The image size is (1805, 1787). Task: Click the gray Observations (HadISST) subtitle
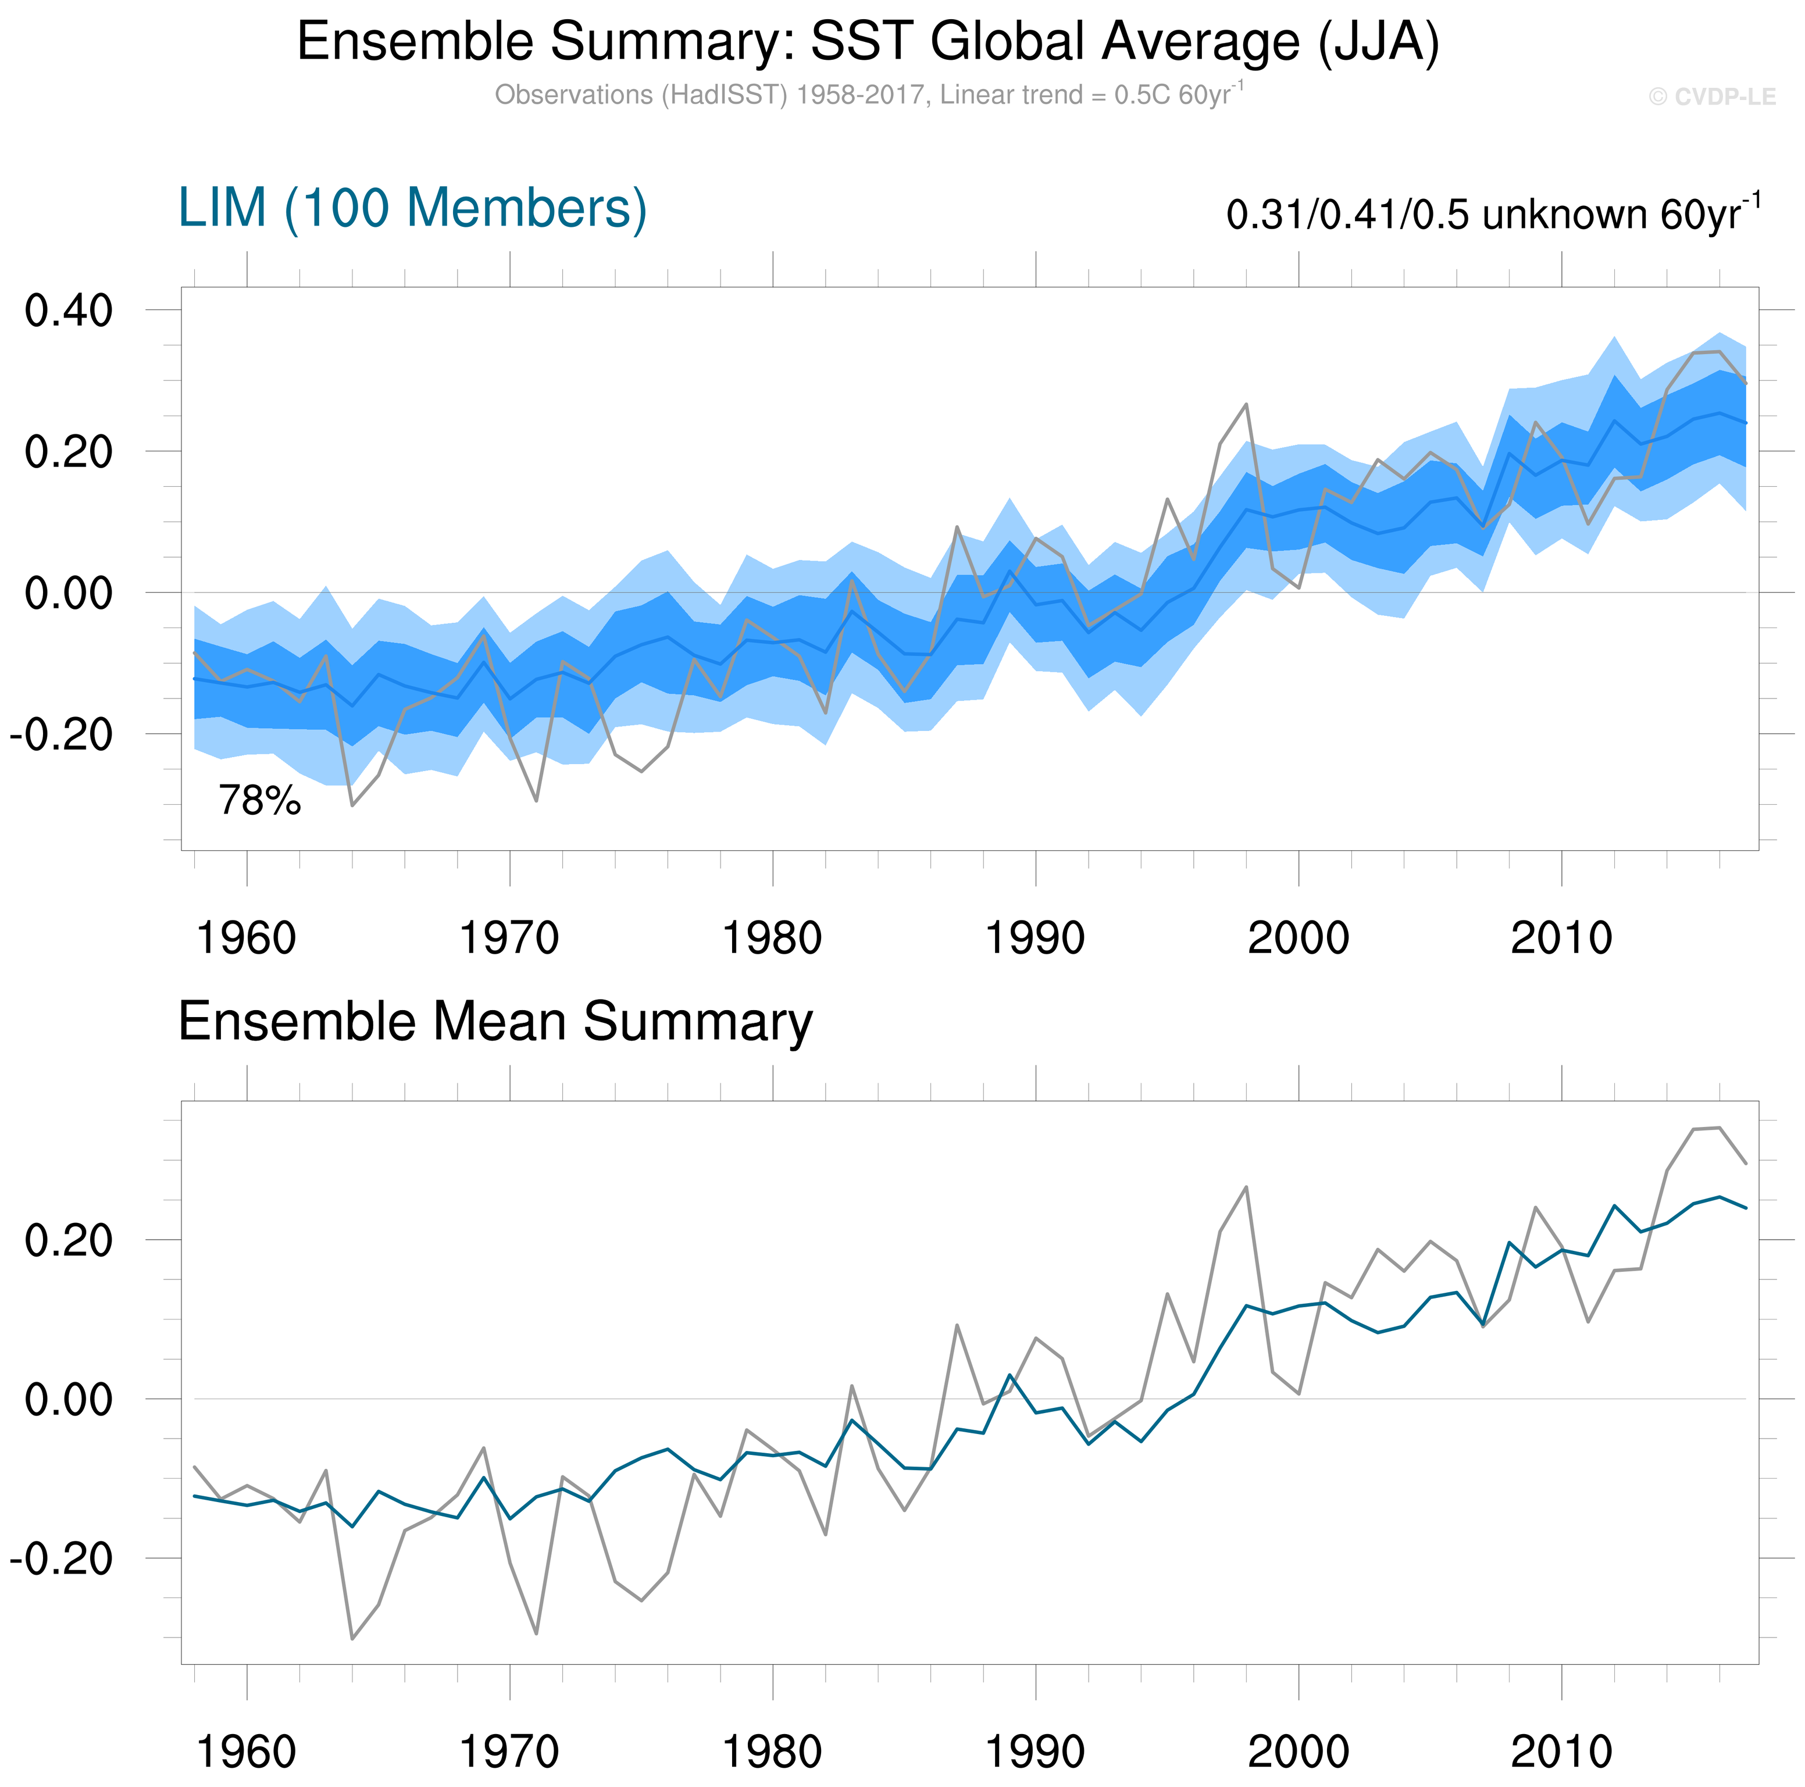[x=868, y=95]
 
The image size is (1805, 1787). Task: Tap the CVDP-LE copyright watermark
[x=1711, y=97]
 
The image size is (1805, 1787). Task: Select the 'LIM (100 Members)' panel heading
[x=412, y=208]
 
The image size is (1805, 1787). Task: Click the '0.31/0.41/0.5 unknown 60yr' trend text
[x=1492, y=215]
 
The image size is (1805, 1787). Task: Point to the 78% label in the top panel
[x=260, y=801]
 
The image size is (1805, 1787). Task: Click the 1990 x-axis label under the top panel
[x=1035, y=938]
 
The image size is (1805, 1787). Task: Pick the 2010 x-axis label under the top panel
[x=1561, y=938]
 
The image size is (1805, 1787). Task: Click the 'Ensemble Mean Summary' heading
[x=495, y=1021]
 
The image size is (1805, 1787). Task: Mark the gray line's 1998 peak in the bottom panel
[x=1246, y=1187]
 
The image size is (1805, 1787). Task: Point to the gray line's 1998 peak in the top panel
[x=1246, y=405]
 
